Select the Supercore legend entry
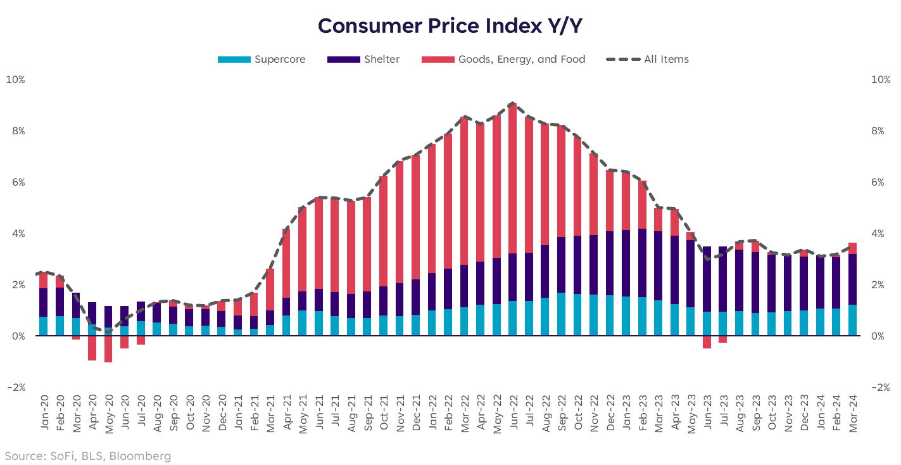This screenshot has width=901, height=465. [279, 60]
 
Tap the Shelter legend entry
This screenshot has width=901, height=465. [381, 60]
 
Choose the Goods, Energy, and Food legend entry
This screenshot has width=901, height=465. [521, 60]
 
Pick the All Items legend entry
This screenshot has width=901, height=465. [666, 60]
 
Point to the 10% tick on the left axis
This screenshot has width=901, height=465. [15, 80]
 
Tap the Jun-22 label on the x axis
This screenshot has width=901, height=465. [513, 412]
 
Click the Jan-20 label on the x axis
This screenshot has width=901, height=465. [44, 412]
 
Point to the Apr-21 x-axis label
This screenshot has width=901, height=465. [286, 412]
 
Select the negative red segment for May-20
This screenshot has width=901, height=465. [108, 349]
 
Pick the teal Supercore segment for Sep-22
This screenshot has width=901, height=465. [561, 314]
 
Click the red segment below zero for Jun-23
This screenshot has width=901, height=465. [707, 342]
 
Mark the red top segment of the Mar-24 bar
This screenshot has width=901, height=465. [852, 248]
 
